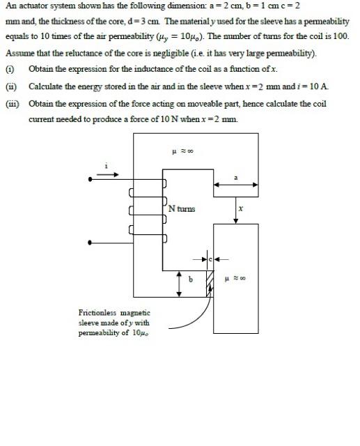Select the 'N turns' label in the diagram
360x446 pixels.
point(182,208)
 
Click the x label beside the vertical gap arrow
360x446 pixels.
point(240,208)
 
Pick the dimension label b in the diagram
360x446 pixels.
point(190,279)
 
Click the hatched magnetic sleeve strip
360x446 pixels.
point(210,282)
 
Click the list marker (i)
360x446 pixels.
point(10,68)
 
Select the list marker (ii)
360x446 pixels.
point(10,85)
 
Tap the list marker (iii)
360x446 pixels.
point(11,102)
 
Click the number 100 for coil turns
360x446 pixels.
point(341,36)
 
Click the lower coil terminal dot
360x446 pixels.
point(89,243)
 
